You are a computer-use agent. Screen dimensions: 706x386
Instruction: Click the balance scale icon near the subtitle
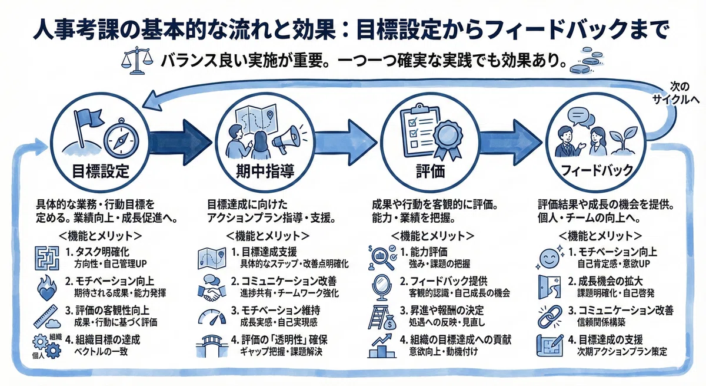(137, 60)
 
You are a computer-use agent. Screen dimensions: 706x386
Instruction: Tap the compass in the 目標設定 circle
(121, 138)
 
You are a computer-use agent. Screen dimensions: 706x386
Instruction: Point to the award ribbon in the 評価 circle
(448, 138)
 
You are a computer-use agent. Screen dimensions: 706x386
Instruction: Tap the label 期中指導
(265, 171)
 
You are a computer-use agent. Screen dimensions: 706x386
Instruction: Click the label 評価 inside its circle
(430, 171)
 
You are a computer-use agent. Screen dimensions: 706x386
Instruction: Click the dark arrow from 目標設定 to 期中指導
(180, 142)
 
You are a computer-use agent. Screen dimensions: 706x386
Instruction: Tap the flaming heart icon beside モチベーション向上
(46, 288)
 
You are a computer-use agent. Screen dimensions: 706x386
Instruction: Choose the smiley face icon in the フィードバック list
(550, 258)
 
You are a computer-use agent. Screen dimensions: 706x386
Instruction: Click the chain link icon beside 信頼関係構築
(550, 316)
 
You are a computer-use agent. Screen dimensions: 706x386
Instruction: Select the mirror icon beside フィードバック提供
(382, 287)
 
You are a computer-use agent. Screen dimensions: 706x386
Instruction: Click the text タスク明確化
(102, 252)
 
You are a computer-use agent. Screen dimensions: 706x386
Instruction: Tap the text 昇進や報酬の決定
(447, 311)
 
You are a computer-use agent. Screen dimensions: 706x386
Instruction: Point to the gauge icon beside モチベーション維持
(212, 316)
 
